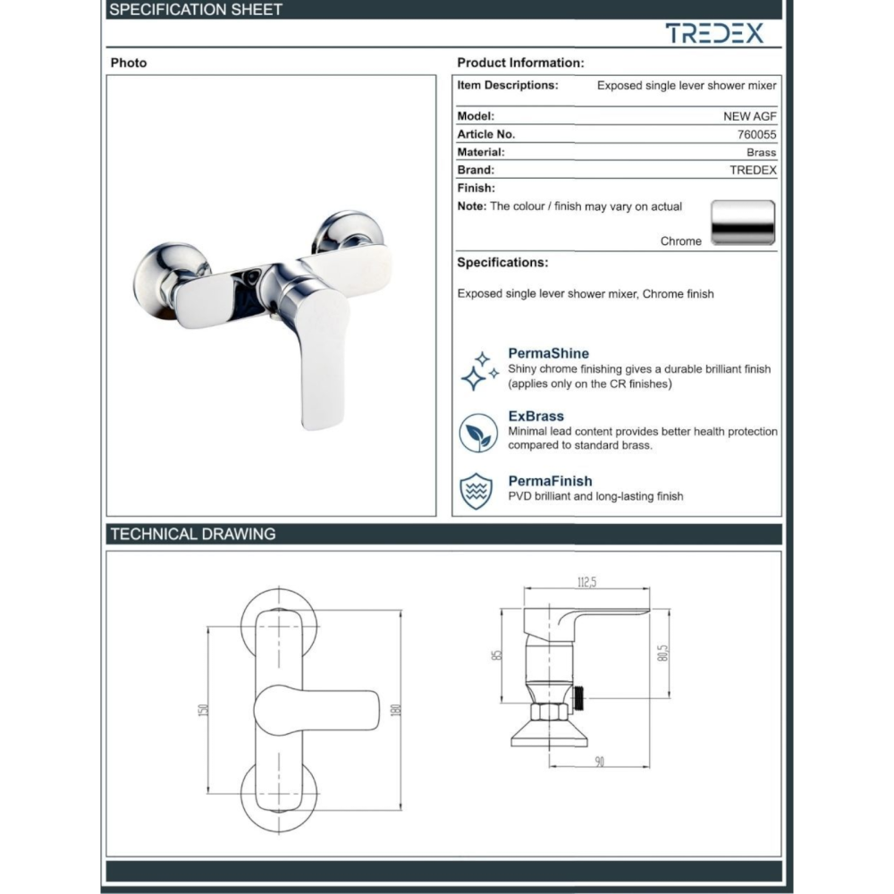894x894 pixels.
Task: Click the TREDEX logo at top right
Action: (x=714, y=33)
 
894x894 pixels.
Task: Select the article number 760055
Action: (x=756, y=135)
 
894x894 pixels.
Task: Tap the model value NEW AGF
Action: (x=750, y=116)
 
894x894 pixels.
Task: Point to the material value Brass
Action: (x=761, y=152)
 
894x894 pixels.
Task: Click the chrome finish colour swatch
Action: (x=743, y=223)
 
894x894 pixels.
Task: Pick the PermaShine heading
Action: (x=549, y=353)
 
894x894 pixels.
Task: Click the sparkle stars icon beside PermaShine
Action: (x=479, y=371)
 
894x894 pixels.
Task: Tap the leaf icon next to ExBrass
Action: (x=478, y=433)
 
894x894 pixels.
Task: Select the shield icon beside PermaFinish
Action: (x=477, y=490)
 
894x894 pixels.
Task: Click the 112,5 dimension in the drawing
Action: (x=586, y=582)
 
